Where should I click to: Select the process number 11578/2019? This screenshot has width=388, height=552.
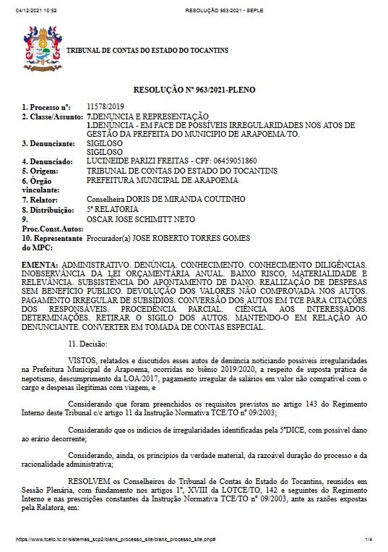(x=100, y=107)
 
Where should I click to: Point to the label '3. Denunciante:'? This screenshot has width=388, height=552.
(x=48, y=143)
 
